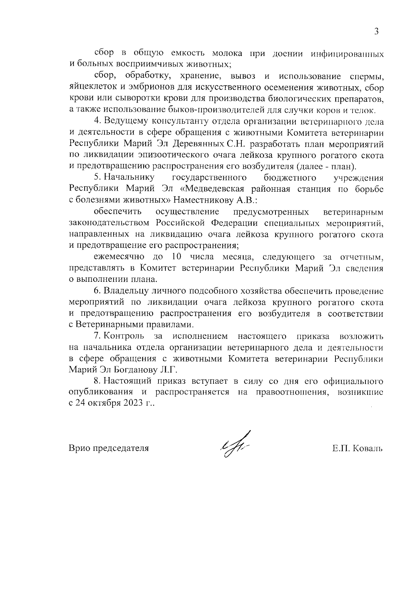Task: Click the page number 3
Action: click(376, 31)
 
